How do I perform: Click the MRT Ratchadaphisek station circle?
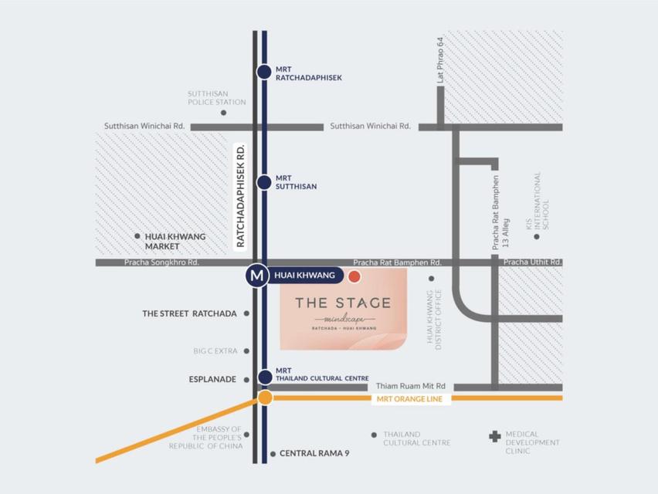pos(264,72)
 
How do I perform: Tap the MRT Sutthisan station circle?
pos(264,182)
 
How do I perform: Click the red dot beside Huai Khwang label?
pos(354,276)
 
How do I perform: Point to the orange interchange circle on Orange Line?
pos(265,398)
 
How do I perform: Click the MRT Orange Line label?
pos(409,398)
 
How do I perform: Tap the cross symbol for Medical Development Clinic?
pos(494,437)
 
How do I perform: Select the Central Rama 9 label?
pos(314,454)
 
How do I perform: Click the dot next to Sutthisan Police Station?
pos(223,113)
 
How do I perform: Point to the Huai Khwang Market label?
pos(175,241)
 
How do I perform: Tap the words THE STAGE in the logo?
pos(343,303)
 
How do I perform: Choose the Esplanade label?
pos(213,379)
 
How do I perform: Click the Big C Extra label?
pos(215,351)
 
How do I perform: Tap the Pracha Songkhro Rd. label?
pos(162,262)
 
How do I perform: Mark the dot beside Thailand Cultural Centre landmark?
pos(375,435)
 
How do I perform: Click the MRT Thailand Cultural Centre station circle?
pos(265,377)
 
